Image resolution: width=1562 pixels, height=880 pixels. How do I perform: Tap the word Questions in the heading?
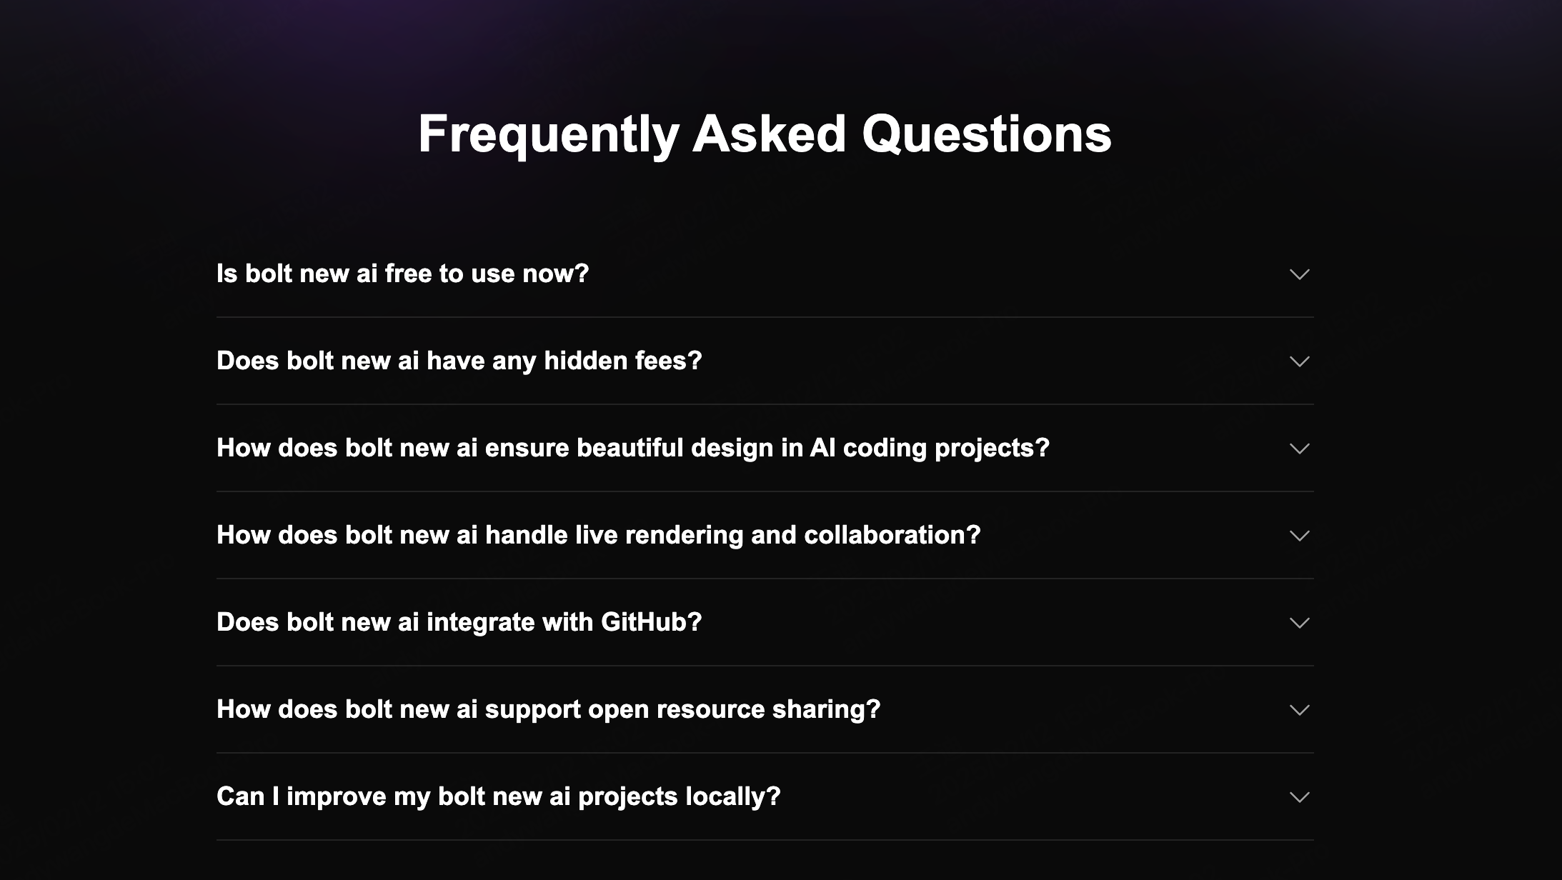[987, 134]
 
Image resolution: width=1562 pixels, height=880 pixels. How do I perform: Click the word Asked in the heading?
[770, 134]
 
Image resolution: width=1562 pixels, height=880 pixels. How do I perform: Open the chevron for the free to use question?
[1299, 274]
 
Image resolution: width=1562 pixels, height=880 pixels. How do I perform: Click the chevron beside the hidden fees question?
[1299, 361]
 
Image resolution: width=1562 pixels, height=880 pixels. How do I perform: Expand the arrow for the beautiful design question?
[1299, 449]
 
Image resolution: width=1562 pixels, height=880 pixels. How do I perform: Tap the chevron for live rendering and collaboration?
[1299, 536]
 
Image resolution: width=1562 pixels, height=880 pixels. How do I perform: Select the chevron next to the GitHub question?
[1299, 623]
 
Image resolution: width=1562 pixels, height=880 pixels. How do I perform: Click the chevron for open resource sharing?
[1299, 710]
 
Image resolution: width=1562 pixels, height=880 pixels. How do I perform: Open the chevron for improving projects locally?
[1299, 797]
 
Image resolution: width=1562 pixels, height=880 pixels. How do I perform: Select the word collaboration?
[892, 535]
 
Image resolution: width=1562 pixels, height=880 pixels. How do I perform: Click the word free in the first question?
[409, 274]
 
